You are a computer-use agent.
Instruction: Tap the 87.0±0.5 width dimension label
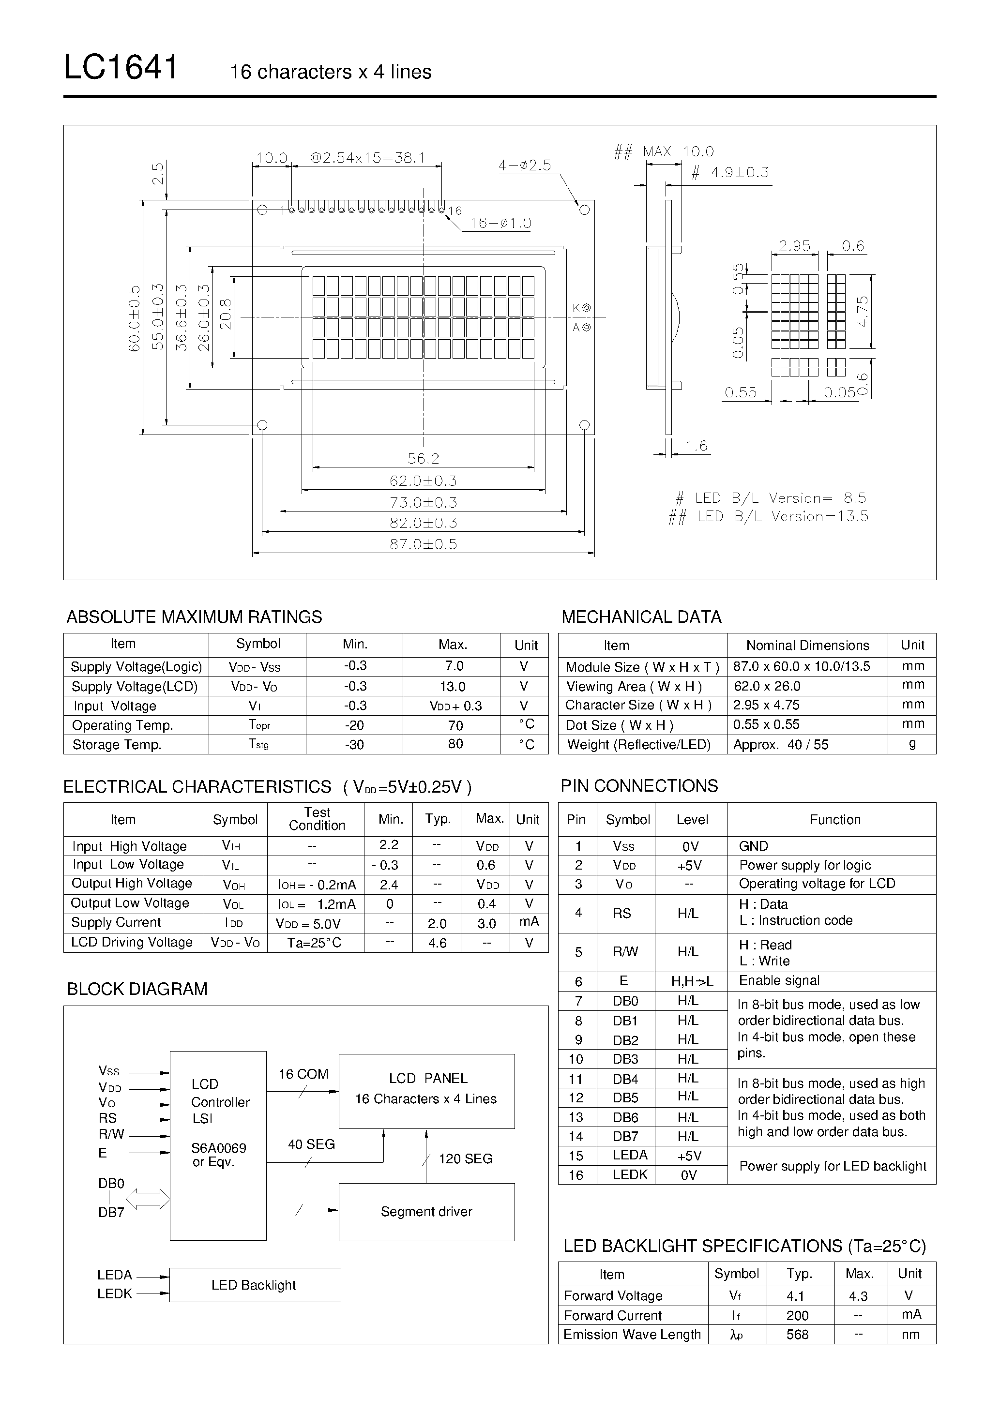coord(424,544)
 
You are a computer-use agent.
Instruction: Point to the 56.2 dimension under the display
coord(424,458)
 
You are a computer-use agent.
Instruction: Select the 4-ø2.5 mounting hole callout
coord(525,165)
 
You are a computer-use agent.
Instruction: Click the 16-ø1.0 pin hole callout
coord(500,223)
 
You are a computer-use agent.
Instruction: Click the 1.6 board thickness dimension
coord(697,446)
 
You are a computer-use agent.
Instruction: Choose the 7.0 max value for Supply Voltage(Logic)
coord(455,666)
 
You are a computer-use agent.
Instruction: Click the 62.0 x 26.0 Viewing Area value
coord(767,686)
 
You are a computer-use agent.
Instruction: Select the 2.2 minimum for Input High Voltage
coord(389,845)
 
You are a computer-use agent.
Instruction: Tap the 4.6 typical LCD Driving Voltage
coord(438,943)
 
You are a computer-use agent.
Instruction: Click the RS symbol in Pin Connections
coord(622,913)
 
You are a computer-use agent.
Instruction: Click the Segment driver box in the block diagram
coord(427,1212)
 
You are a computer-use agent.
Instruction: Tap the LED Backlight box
coord(255,1285)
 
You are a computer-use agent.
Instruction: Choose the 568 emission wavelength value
coord(797,1334)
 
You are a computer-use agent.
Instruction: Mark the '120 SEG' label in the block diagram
coord(466,1159)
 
